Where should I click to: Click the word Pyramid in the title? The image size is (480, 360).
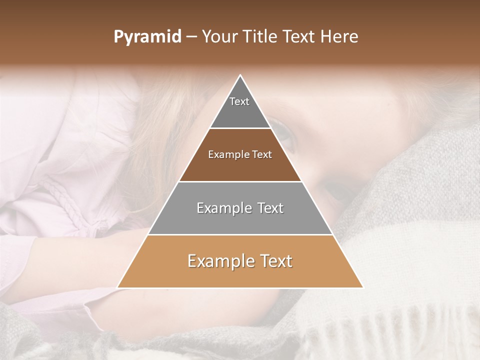coord(147,37)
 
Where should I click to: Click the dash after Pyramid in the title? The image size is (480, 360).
coord(191,37)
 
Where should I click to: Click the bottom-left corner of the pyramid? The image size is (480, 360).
coord(118,287)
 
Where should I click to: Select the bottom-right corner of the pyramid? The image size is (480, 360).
coord(362,287)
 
